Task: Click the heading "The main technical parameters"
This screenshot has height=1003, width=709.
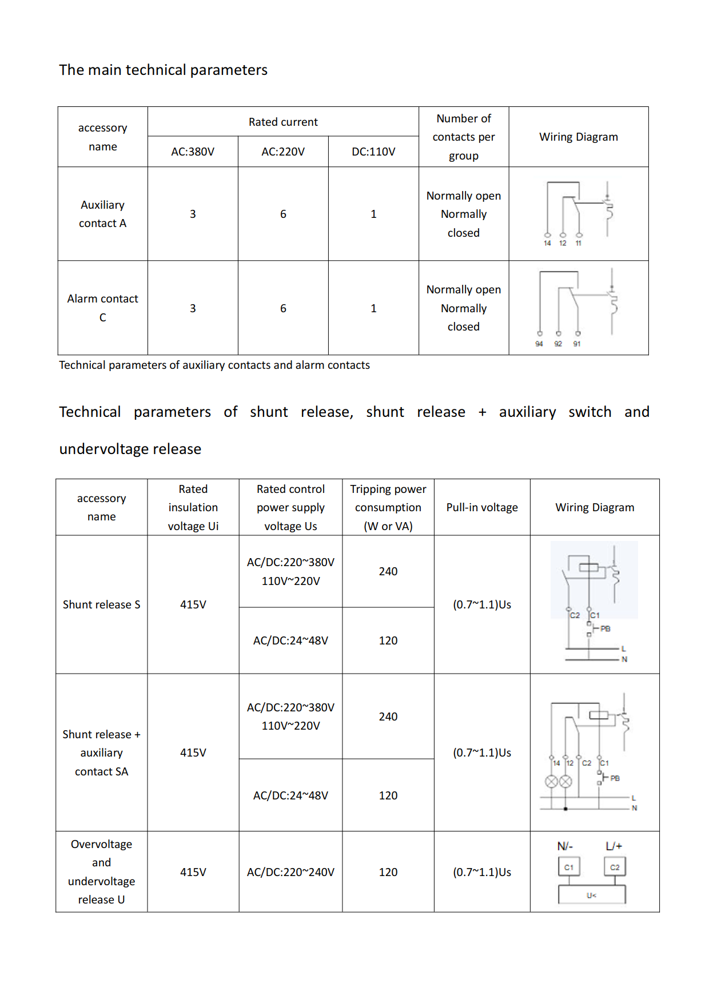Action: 163,70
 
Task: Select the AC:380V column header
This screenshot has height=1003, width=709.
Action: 193,152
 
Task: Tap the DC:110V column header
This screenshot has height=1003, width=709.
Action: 373,152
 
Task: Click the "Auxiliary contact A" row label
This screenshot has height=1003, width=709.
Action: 102,214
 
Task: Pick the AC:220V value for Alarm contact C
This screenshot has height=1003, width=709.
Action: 283,308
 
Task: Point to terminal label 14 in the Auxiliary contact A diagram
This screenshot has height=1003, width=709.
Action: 547,243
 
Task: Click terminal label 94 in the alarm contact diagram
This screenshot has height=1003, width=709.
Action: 539,344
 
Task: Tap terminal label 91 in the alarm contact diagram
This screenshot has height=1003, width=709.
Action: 577,344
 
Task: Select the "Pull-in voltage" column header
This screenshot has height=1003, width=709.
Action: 482,507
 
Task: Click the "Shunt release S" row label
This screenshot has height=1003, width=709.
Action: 101,604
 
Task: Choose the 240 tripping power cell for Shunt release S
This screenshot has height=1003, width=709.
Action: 388,571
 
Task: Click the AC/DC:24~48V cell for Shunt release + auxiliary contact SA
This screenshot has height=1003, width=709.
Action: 290,795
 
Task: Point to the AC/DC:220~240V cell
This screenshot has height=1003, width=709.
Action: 290,872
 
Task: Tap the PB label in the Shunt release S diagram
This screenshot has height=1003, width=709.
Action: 606,628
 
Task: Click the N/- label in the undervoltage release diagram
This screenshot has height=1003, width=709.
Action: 565,846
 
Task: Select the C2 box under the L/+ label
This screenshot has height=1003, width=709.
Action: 615,867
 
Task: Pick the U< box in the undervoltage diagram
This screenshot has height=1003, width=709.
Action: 591,895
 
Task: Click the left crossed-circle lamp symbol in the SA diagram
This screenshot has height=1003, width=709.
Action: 551,782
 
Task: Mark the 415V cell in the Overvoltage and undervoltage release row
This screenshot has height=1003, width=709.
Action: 193,872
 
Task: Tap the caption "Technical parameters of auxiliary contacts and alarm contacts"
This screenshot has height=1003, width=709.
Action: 214,365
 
